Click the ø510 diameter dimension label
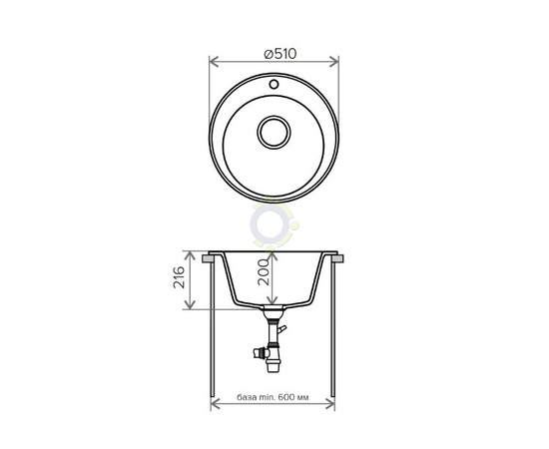coord(280,54)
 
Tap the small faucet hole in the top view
coord(274,84)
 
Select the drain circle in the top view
coord(274,133)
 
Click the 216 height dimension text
coord(179,277)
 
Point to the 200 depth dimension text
coord(264,272)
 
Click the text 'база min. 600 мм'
coord(274,397)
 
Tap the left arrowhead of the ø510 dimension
coord(214,62)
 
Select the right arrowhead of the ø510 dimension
coord(334,62)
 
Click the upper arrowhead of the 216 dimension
coord(190,256)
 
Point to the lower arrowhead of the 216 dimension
coord(190,304)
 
